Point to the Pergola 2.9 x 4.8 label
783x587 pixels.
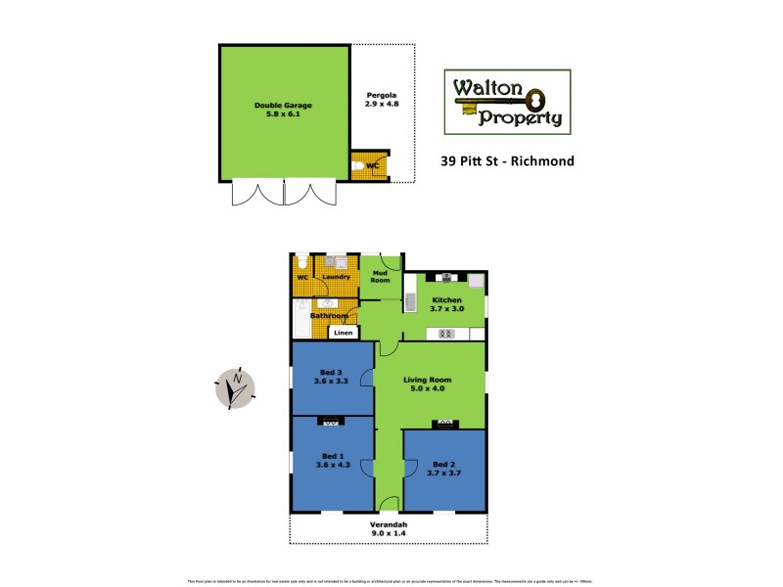click(382, 98)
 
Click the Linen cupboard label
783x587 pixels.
click(343, 334)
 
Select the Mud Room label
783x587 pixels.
click(380, 275)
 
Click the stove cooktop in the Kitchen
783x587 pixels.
click(445, 334)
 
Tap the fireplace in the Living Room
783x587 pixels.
click(445, 424)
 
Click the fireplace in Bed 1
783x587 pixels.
click(331, 423)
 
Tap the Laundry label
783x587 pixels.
click(336, 277)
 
